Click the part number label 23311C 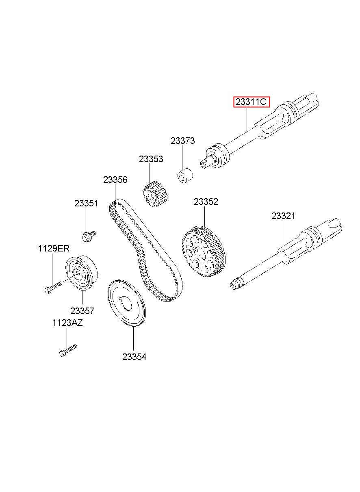tap(251, 102)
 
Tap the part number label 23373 tap(182, 141)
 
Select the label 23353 tap(151, 159)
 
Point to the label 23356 tap(115, 180)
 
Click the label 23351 tap(86, 204)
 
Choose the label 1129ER tap(54, 249)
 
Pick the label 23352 tap(206, 202)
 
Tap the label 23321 tap(284, 216)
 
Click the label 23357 tap(82, 311)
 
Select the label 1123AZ tap(67, 323)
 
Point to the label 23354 tap(134, 357)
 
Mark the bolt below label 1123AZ tap(68, 350)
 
